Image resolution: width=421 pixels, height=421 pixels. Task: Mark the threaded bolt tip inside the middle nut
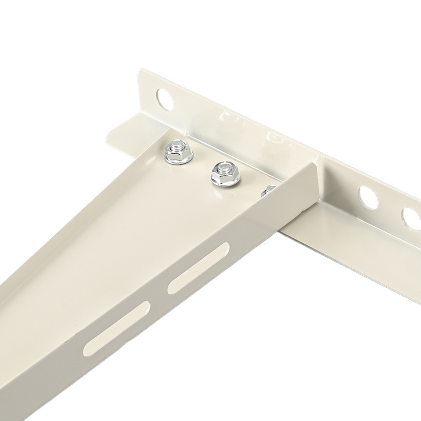224,168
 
